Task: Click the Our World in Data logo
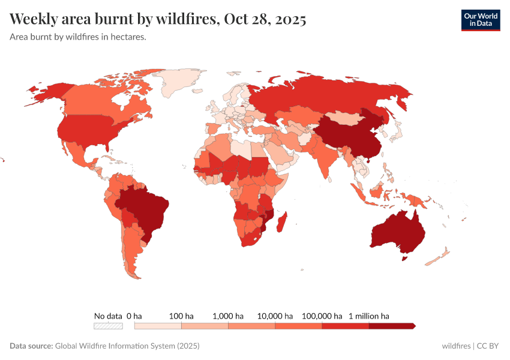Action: tap(480, 20)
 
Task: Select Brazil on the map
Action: tap(144, 210)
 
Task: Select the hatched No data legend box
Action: tap(108, 326)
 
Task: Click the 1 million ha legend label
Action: tap(369, 316)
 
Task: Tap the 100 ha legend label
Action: tap(181, 316)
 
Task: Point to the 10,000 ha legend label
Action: tap(275, 316)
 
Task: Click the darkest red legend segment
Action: tap(391, 326)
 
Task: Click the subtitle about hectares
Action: tap(78, 37)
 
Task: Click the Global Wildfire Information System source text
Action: tap(127, 346)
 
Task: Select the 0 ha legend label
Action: tap(134, 316)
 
